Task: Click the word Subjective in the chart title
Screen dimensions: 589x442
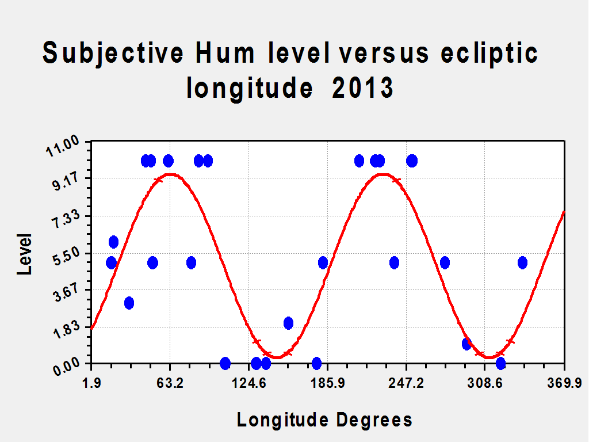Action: coord(113,54)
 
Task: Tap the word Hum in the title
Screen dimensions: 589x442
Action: coord(225,53)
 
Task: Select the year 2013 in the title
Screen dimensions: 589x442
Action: coord(362,87)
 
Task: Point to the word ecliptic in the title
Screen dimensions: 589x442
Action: coord(489,54)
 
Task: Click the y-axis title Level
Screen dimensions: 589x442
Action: coord(25,254)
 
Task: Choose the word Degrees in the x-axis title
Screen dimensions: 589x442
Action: coord(374,420)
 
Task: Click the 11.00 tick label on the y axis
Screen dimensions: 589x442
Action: coord(63,146)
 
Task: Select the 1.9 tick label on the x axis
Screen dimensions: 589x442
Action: coord(91,383)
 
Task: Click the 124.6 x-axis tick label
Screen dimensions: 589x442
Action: coord(248,383)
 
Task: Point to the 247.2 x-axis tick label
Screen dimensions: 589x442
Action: coord(406,383)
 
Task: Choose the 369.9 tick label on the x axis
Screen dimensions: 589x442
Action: coord(564,383)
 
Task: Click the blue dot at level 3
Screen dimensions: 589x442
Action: coord(129,303)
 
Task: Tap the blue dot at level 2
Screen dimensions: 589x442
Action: coord(289,323)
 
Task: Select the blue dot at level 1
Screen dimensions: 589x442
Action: coord(466,344)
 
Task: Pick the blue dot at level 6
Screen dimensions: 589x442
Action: coord(113,242)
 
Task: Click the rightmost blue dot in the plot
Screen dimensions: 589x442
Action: coord(522,262)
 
